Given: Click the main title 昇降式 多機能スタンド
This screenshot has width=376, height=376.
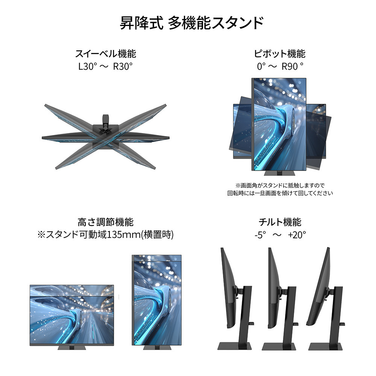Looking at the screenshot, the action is (x=192, y=23).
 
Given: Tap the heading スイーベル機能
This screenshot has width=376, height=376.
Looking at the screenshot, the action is (x=106, y=54).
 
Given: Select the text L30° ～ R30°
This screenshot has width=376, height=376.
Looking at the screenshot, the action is (x=106, y=67).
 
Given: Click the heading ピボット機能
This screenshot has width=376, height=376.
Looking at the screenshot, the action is (x=280, y=54).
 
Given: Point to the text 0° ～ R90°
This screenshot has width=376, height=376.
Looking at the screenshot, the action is (x=280, y=67).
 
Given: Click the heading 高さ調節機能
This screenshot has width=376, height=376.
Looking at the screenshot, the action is (x=106, y=222).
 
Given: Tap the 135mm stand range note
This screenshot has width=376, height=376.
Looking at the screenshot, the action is (x=106, y=235).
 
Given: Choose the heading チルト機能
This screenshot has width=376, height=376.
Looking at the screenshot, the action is (x=280, y=222).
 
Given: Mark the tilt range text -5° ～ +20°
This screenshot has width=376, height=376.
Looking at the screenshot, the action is (x=280, y=235).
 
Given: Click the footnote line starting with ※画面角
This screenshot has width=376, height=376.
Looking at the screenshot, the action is (x=280, y=185).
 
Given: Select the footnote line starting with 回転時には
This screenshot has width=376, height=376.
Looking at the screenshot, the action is (x=280, y=193).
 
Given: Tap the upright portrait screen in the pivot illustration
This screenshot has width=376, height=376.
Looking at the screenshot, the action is (x=279, y=124).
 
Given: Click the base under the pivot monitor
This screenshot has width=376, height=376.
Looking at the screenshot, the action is (x=279, y=173).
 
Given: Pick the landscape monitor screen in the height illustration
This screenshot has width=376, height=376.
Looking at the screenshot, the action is (x=72, y=315).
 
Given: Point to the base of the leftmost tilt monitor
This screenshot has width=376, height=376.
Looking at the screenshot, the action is (x=235, y=346).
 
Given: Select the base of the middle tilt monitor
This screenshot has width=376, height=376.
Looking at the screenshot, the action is (x=279, y=346).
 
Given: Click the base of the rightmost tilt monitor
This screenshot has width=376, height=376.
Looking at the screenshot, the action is (x=325, y=346).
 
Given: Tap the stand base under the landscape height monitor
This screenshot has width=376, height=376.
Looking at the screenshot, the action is (x=72, y=348).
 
